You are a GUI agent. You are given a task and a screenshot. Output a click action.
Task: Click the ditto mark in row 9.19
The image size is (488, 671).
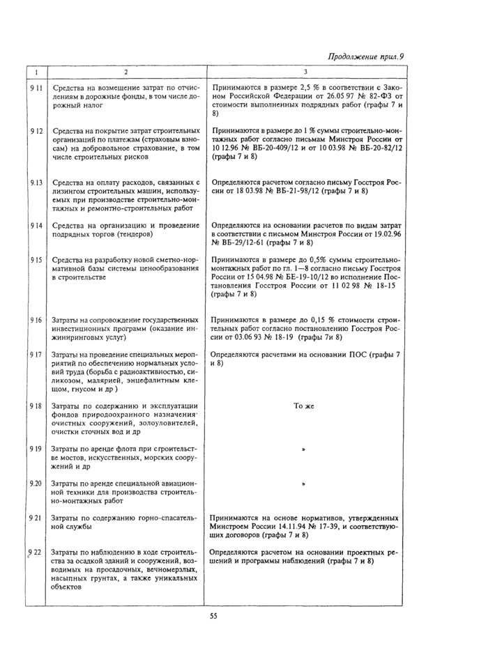click(x=305, y=450)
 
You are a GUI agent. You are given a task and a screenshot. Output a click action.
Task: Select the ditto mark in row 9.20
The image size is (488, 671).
click(x=305, y=484)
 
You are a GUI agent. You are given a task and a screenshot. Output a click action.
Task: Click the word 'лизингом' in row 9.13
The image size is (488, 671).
click(x=70, y=191)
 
